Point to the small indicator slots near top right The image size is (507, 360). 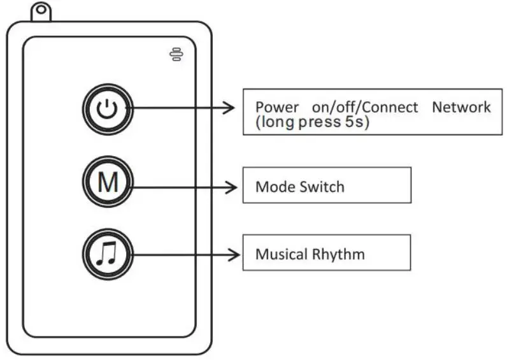[x=175, y=55]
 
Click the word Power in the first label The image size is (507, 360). [x=274, y=108]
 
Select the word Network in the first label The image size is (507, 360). [x=461, y=107]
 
